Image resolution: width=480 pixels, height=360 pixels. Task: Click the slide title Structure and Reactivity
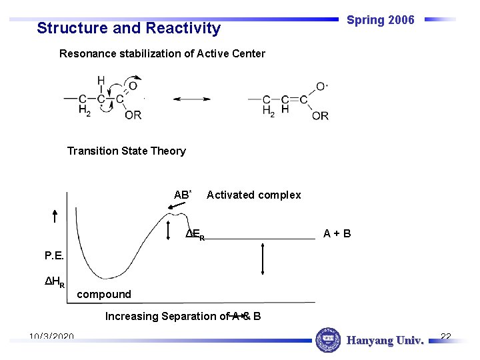pos(129,28)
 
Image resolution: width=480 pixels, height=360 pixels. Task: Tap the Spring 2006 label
pos(380,20)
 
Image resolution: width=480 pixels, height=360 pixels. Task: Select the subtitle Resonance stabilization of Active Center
pos(162,53)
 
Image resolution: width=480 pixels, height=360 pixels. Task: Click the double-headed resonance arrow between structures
pos(191,99)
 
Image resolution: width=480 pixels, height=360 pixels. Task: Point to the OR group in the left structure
pos(133,115)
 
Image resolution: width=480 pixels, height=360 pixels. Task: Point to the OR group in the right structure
pos(320,115)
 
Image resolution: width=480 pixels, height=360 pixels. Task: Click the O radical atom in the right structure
pos(321,87)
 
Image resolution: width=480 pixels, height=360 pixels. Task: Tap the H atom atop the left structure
pos(101,81)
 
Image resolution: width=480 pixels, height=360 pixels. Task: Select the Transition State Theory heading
pos(126,151)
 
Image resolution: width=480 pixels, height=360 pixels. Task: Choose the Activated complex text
pos(253,195)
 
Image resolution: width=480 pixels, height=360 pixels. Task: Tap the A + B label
pos(337,233)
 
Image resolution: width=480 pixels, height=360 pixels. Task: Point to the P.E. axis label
pos(55,255)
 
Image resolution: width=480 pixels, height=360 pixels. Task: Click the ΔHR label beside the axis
pos(55,282)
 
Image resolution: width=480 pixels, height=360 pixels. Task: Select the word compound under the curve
pos(104,294)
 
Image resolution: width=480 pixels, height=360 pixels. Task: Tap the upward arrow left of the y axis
pos(55,215)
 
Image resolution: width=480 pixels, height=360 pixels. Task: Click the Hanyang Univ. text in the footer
pos(385,341)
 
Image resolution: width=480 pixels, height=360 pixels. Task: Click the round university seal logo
pos(327,340)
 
